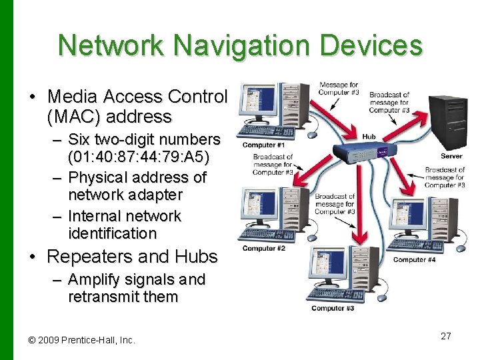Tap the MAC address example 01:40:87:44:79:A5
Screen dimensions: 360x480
click(139, 157)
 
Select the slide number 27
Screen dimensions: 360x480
click(446, 336)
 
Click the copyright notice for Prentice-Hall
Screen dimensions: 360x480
click(82, 340)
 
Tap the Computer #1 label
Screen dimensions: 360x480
click(263, 145)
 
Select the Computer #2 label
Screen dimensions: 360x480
click(263, 249)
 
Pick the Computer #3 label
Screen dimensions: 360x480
click(333, 308)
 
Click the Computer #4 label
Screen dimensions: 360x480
click(414, 260)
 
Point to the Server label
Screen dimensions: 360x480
click(451, 156)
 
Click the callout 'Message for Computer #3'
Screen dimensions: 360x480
click(339, 89)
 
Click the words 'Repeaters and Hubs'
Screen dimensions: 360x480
click(132, 257)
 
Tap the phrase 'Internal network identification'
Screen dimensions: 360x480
click(124, 225)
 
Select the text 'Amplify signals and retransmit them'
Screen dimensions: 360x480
click(136, 288)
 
